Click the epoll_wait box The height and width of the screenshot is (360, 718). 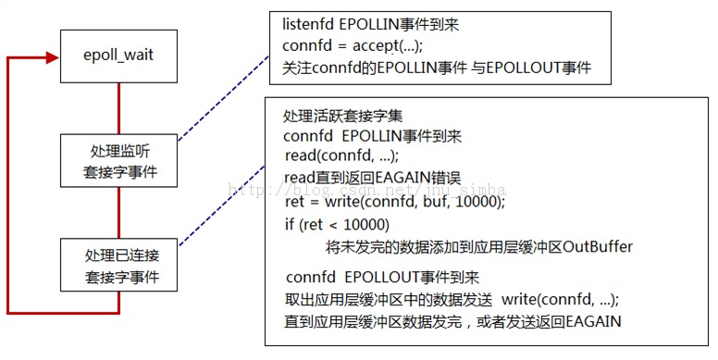point(118,55)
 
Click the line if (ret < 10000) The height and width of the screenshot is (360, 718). point(337,225)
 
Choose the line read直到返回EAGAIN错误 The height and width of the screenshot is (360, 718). point(363,178)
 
